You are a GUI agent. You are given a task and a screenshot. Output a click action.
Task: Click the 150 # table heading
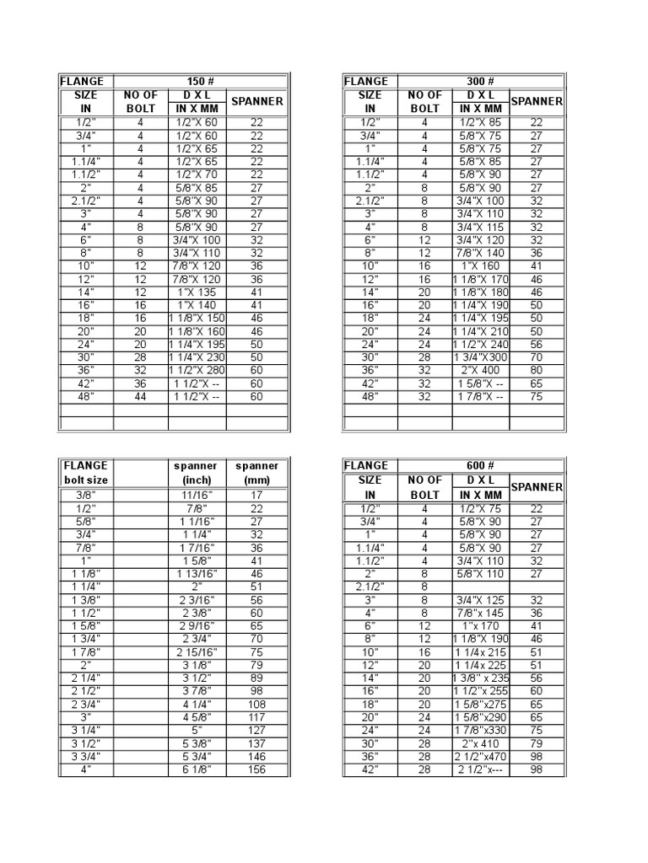pos(201,81)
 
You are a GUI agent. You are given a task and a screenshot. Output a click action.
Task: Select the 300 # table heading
pos(481,81)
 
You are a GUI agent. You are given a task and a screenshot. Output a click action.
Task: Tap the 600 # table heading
pos(481,465)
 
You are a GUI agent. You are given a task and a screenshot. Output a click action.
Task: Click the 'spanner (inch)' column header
pos(196,473)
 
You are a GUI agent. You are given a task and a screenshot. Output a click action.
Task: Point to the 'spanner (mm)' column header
pos(257,473)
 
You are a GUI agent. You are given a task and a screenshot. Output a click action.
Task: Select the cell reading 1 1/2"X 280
pos(197,369)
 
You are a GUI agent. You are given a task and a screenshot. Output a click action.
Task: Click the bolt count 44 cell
pos(141,396)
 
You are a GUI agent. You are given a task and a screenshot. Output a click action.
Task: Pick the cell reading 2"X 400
pos(481,369)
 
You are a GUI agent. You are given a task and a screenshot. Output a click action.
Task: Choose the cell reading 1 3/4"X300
pos(481,356)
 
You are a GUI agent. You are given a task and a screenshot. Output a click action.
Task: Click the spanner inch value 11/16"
pos(196,496)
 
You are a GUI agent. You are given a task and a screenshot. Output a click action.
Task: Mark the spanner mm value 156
pos(257,769)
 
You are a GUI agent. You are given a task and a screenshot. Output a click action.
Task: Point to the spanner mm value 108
pos(257,705)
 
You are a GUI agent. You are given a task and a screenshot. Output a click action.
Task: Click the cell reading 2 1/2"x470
pos(481,757)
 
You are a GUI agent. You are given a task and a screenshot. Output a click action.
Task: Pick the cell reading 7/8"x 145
pos(481,613)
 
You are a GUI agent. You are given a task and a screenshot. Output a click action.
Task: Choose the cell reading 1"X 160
pos(481,265)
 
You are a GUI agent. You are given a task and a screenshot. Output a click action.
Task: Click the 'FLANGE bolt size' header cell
pos(85,473)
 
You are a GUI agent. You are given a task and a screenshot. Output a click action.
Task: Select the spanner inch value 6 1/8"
pos(196,769)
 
